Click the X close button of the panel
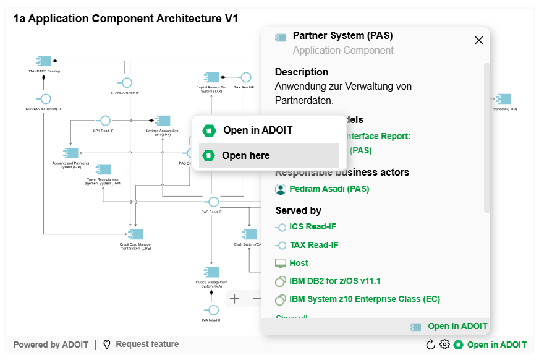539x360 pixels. click(478, 40)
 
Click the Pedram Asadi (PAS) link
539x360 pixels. click(329, 189)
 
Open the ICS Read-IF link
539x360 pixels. click(313, 226)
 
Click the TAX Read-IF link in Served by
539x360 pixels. click(313, 245)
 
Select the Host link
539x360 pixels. click(299, 263)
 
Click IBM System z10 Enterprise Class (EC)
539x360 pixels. click(364, 299)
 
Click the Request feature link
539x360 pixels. click(146, 344)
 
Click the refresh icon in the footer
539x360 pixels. click(431, 345)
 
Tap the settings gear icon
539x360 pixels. click(444, 345)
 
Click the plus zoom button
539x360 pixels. click(235, 299)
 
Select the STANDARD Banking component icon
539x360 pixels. click(44, 61)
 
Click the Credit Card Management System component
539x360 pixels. click(135, 234)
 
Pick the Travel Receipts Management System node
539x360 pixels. click(103, 169)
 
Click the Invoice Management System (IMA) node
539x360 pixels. click(211, 272)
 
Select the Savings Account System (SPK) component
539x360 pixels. click(163, 121)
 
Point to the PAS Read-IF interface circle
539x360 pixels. click(213, 202)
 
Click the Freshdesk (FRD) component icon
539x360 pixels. click(504, 99)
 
